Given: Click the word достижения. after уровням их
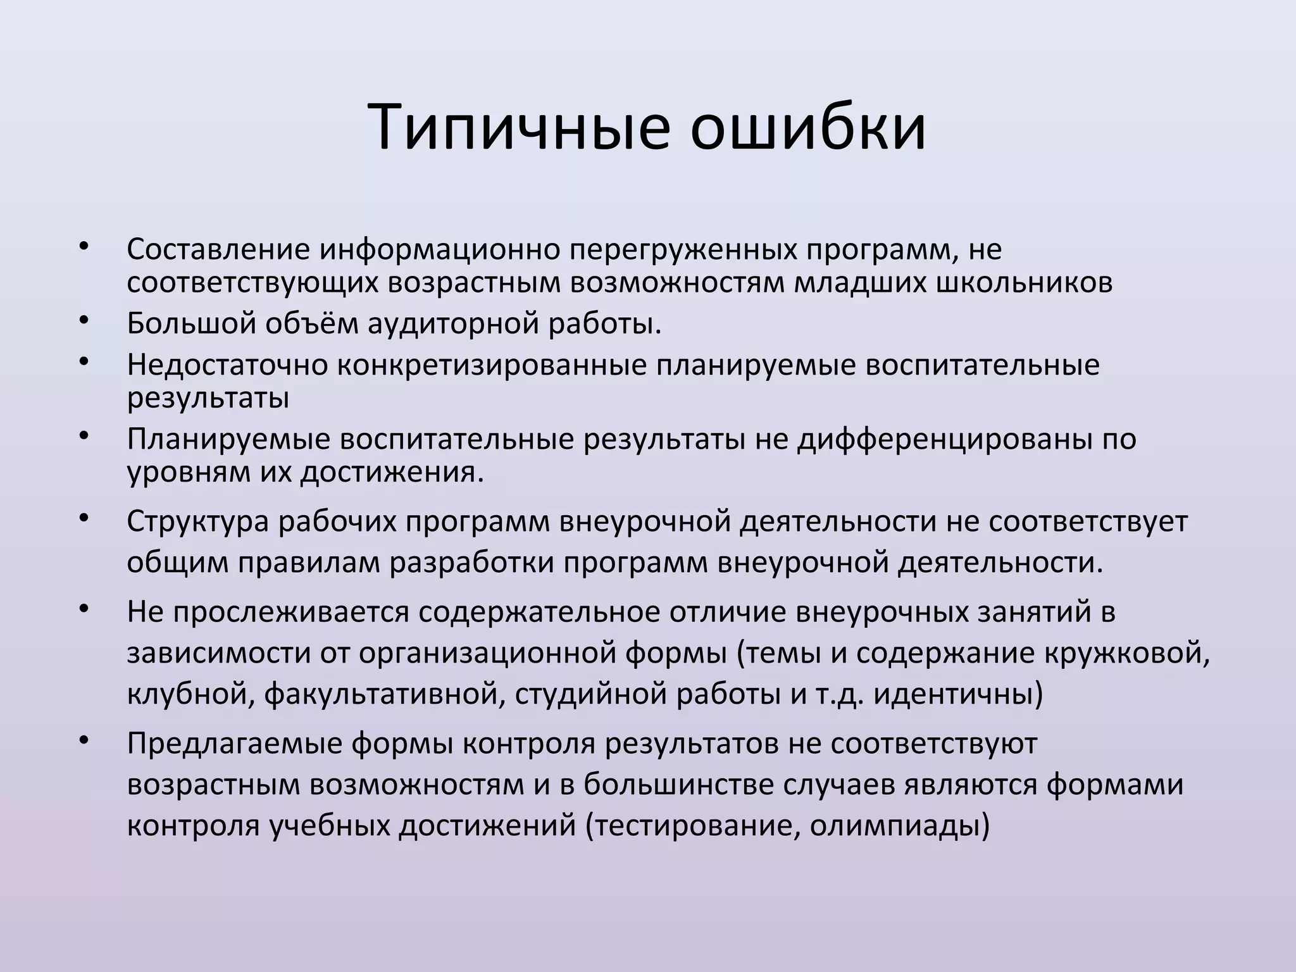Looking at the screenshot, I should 392,472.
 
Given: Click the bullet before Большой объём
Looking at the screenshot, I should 84,320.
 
